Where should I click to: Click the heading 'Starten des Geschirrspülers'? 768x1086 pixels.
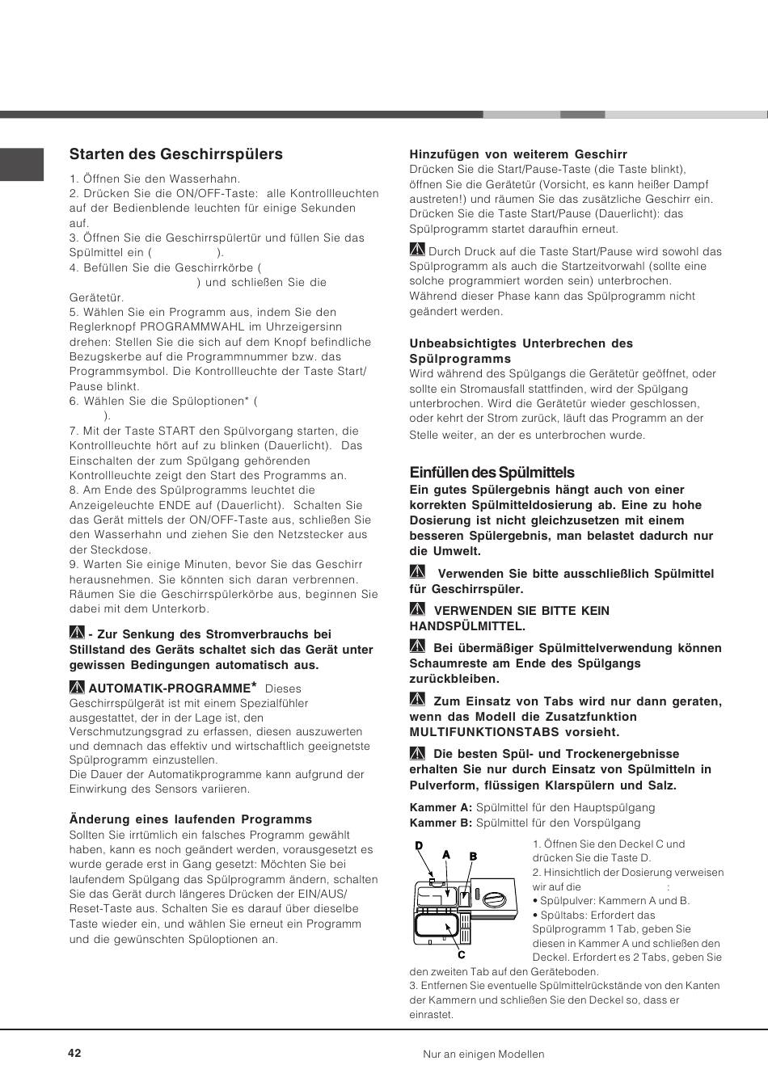point(176,154)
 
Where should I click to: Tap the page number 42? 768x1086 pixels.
point(75,1053)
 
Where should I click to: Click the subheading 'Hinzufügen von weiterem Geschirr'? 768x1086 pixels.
point(518,154)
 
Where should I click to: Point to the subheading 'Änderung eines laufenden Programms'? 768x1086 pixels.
point(191,819)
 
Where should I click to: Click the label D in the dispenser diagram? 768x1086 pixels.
point(419,845)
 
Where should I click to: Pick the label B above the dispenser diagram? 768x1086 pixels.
point(474,857)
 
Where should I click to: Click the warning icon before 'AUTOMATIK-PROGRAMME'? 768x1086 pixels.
point(78,688)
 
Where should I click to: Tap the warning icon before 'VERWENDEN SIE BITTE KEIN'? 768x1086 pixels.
point(417,609)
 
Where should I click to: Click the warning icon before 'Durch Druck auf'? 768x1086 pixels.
point(417,250)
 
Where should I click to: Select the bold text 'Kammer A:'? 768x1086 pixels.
point(441,807)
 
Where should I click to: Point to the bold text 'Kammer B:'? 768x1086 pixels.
point(441,823)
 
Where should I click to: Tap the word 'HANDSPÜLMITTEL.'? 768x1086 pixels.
point(467,625)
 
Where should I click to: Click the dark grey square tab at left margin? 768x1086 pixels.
point(22,164)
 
